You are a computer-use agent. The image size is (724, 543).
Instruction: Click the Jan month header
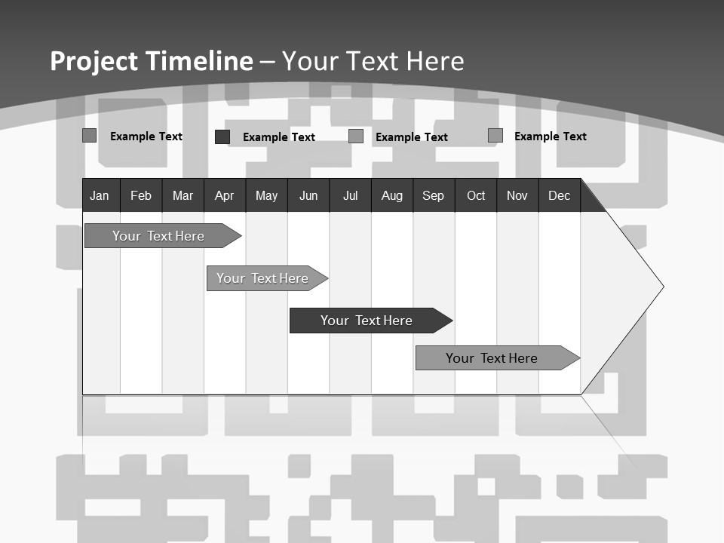click(100, 195)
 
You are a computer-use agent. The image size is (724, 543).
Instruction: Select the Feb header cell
click(141, 195)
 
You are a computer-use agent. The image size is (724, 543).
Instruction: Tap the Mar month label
click(183, 195)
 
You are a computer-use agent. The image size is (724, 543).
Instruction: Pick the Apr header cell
click(224, 195)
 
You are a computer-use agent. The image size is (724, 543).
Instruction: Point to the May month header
click(266, 195)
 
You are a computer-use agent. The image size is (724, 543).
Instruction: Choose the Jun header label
click(308, 195)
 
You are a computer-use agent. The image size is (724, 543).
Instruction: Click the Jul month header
click(350, 195)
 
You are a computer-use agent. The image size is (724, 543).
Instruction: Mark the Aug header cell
click(391, 195)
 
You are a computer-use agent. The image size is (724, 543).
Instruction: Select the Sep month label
click(433, 195)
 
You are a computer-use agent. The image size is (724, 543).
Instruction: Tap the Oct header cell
click(476, 195)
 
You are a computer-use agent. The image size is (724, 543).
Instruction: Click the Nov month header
click(517, 195)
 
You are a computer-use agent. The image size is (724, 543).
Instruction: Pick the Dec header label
click(560, 195)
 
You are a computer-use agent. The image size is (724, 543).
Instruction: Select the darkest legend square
click(222, 137)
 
